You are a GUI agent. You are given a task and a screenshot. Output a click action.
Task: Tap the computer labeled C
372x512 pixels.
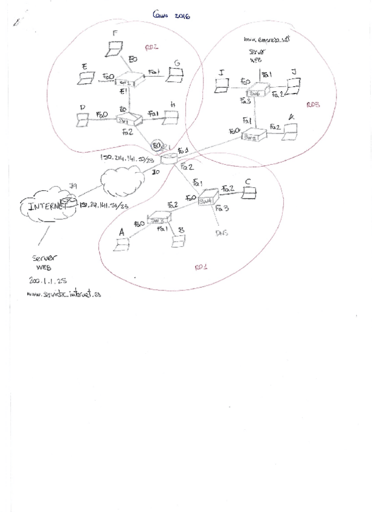tap(248, 191)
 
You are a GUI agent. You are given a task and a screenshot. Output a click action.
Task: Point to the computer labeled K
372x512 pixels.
tap(292, 130)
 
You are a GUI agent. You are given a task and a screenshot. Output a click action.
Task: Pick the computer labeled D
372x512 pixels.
tap(83, 120)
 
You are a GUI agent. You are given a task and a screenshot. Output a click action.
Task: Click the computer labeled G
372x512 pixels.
tap(176, 75)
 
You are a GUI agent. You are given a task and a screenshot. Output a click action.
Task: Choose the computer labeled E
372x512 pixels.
tap(86, 77)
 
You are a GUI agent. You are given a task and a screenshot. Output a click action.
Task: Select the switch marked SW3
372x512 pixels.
tap(158, 222)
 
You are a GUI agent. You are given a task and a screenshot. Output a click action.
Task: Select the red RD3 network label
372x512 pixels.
tap(313, 104)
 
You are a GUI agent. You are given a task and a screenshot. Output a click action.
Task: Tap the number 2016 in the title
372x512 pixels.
tap(182, 18)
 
